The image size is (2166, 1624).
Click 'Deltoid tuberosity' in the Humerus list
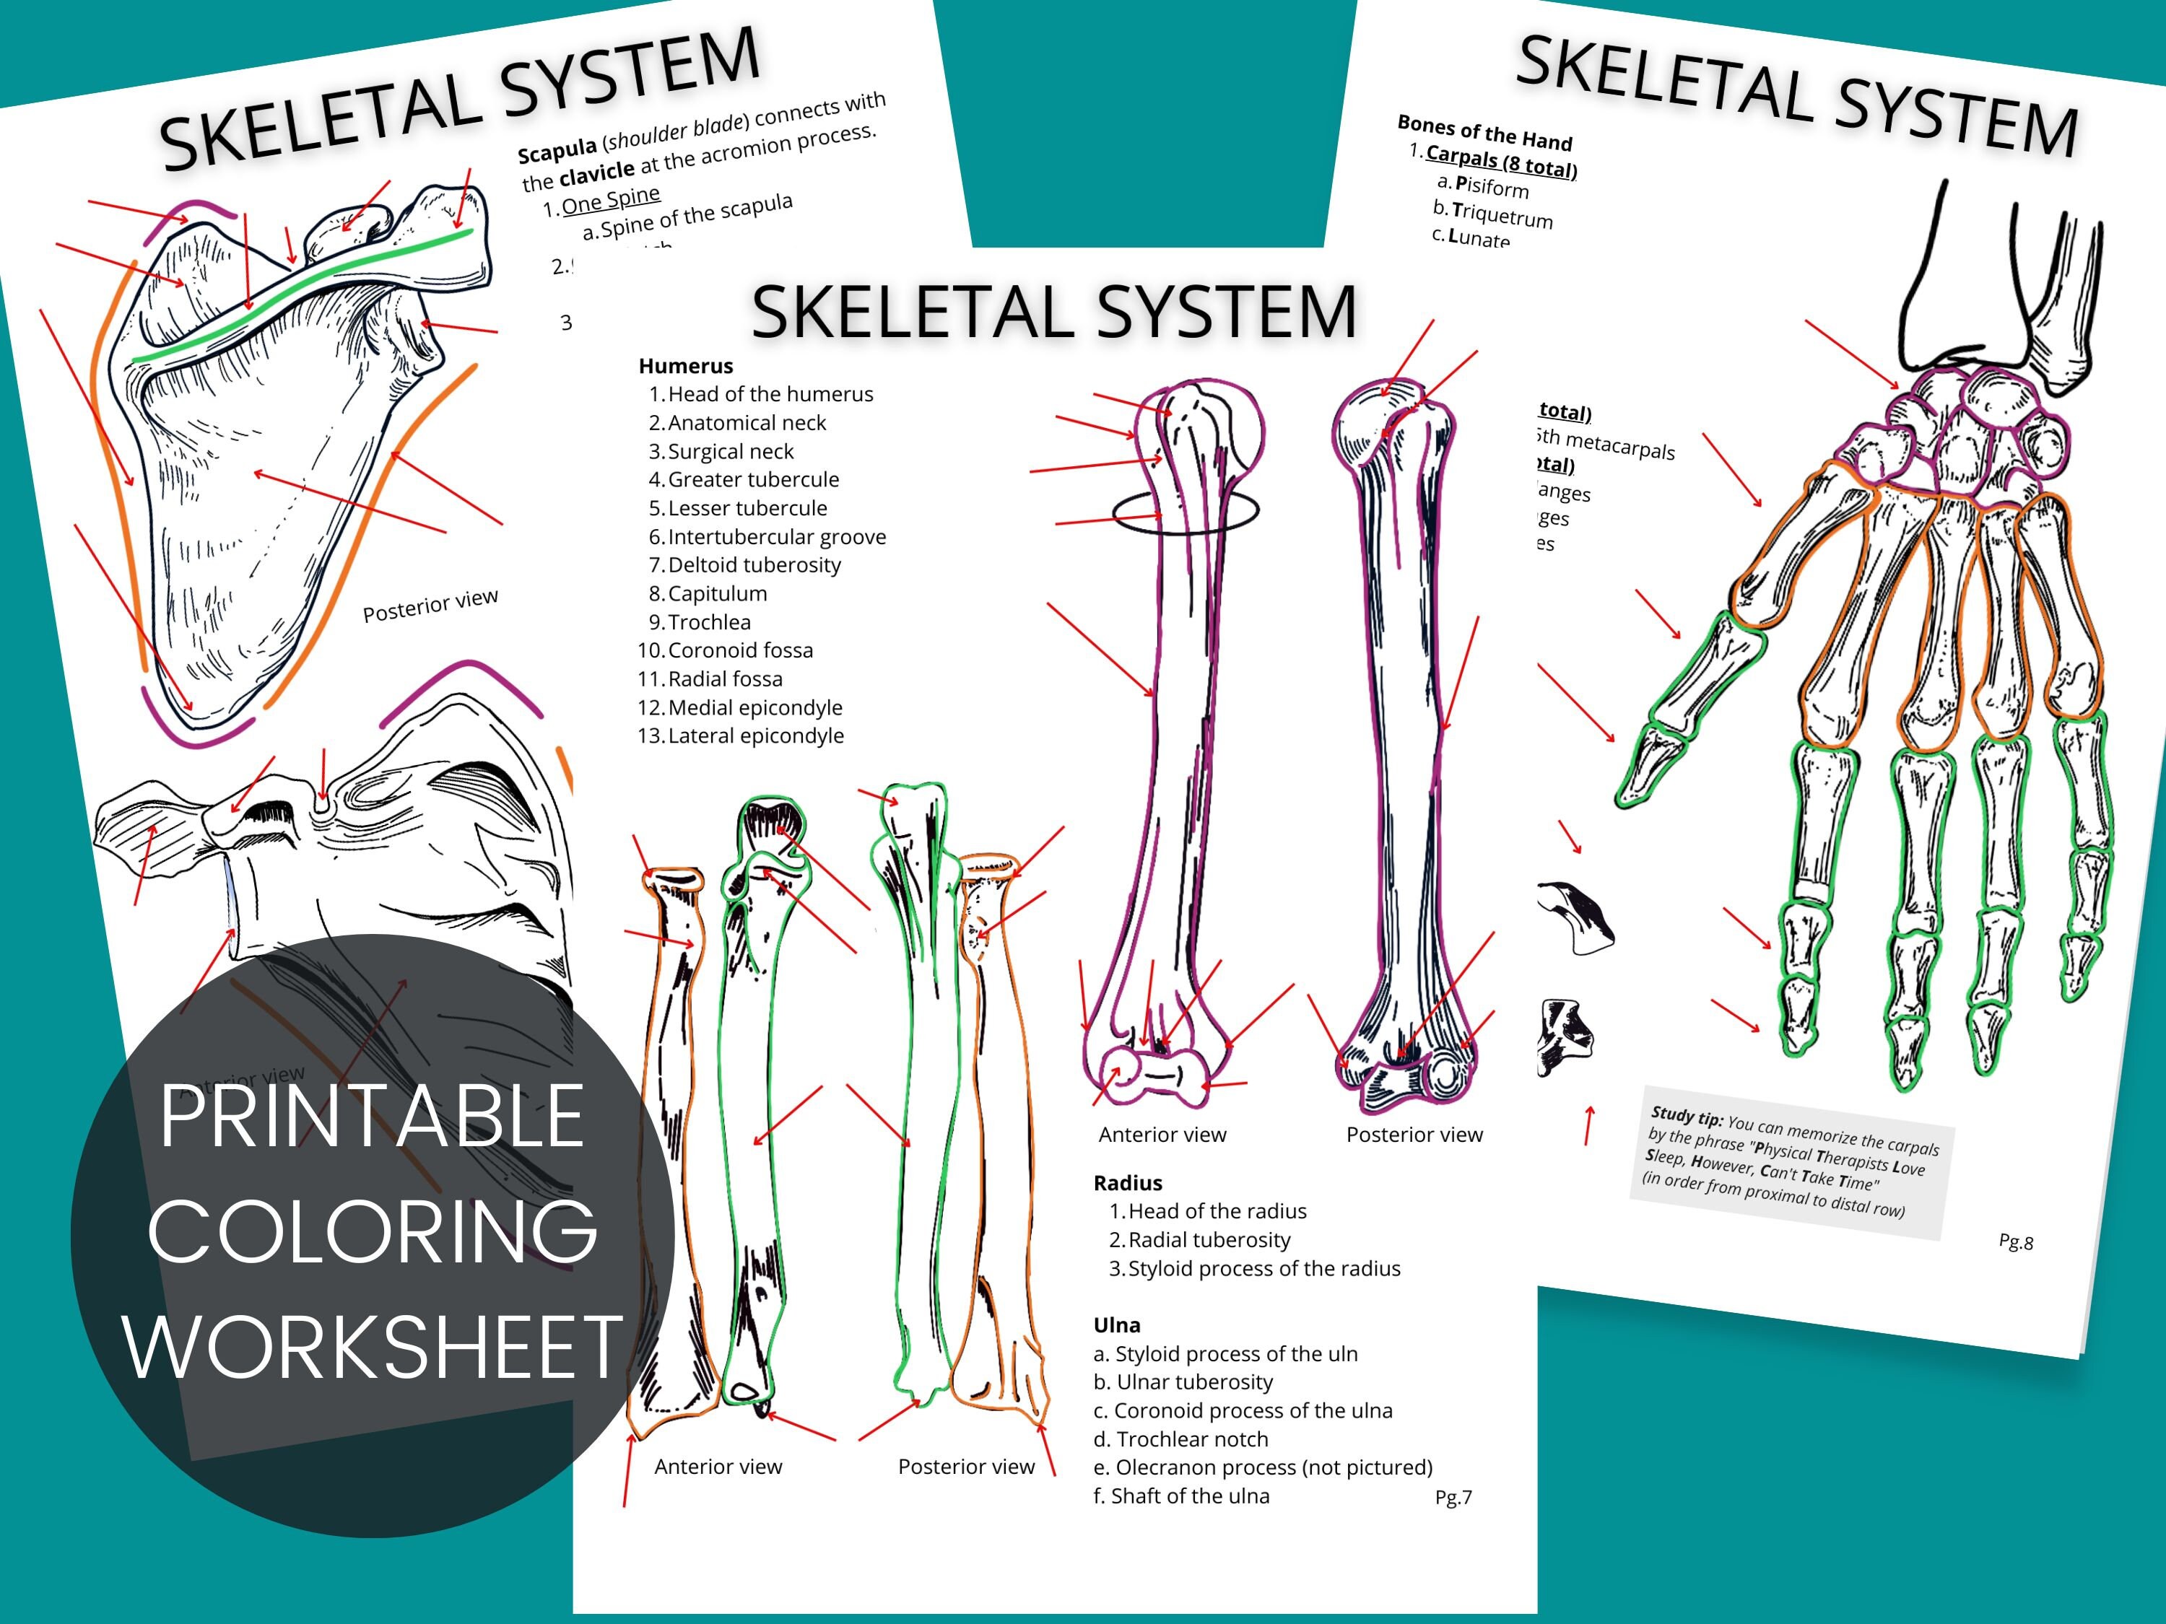tap(753, 565)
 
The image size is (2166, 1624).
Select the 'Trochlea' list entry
tap(709, 621)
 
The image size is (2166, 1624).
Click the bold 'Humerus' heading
tap(685, 366)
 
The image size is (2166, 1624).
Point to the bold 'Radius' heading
tap(1127, 1182)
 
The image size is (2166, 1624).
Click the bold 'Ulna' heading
tap(1116, 1324)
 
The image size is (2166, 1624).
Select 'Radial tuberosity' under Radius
tap(1209, 1239)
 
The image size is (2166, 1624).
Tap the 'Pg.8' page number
tap(2015, 1242)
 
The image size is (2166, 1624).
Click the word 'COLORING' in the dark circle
tap(372, 1231)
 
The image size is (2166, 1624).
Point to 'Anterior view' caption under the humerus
tap(1162, 1135)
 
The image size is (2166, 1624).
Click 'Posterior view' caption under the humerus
tap(1414, 1135)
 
